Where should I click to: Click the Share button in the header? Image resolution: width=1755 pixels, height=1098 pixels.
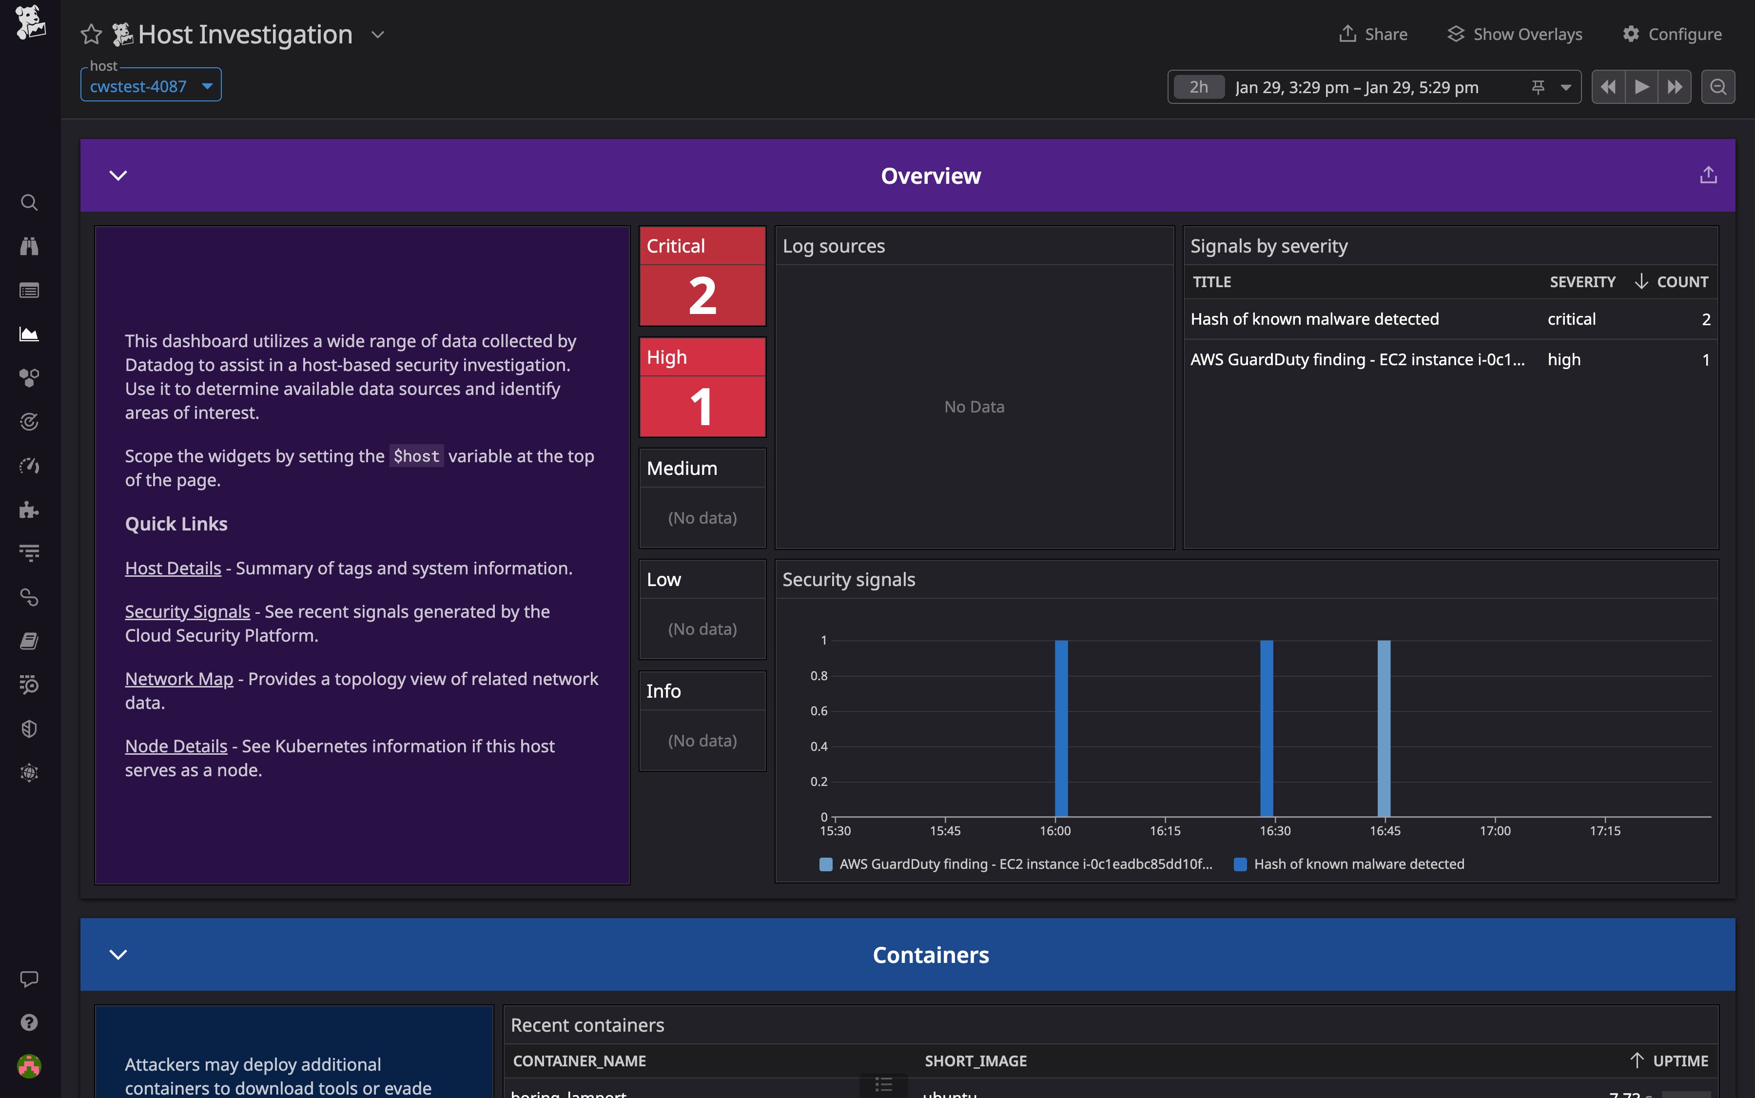tap(1373, 34)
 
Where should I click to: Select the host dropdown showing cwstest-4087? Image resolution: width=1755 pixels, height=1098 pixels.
tap(150, 86)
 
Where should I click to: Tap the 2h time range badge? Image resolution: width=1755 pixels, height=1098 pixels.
tap(1199, 87)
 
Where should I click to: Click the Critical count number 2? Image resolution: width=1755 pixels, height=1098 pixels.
tap(702, 295)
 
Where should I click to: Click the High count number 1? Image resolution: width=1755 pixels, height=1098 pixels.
tap(702, 407)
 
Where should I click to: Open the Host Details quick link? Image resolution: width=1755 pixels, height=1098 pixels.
tap(173, 568)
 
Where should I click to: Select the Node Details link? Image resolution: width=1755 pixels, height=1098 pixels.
tap(175, 746)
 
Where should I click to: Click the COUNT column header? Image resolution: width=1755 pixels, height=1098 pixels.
tap(1682, 282)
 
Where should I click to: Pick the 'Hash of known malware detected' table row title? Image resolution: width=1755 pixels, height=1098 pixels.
tap(1314, 319)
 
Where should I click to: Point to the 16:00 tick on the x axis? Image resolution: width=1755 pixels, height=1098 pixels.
tap(1055, 830)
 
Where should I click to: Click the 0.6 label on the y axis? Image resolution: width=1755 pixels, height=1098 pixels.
tap(819, 711)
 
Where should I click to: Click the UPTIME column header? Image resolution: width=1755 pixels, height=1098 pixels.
tap(1679, 1061)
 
